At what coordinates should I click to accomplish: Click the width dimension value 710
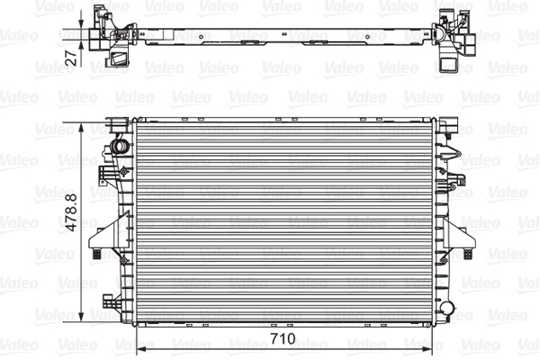point(283,338)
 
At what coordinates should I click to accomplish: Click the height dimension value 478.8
point(72,212)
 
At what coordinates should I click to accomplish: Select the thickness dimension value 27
point(72,58)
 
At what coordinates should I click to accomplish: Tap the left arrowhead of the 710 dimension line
point(141,350)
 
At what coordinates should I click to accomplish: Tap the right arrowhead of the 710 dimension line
point(427,350)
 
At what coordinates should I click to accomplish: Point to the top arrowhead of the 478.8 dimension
point(81,129)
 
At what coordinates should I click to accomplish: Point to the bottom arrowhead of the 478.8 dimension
point(81,317)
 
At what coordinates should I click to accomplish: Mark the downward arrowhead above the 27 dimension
point(81,23)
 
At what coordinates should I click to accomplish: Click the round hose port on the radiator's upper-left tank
point(119,147)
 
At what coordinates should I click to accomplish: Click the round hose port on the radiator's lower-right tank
point(447,307)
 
